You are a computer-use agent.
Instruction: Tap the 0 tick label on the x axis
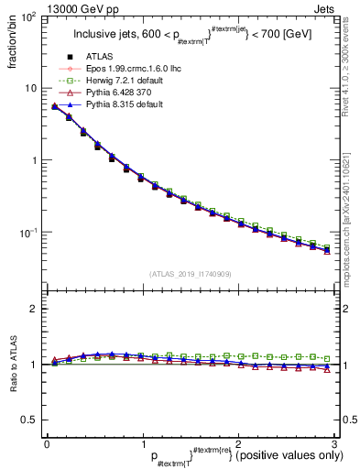tap(46, 444)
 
